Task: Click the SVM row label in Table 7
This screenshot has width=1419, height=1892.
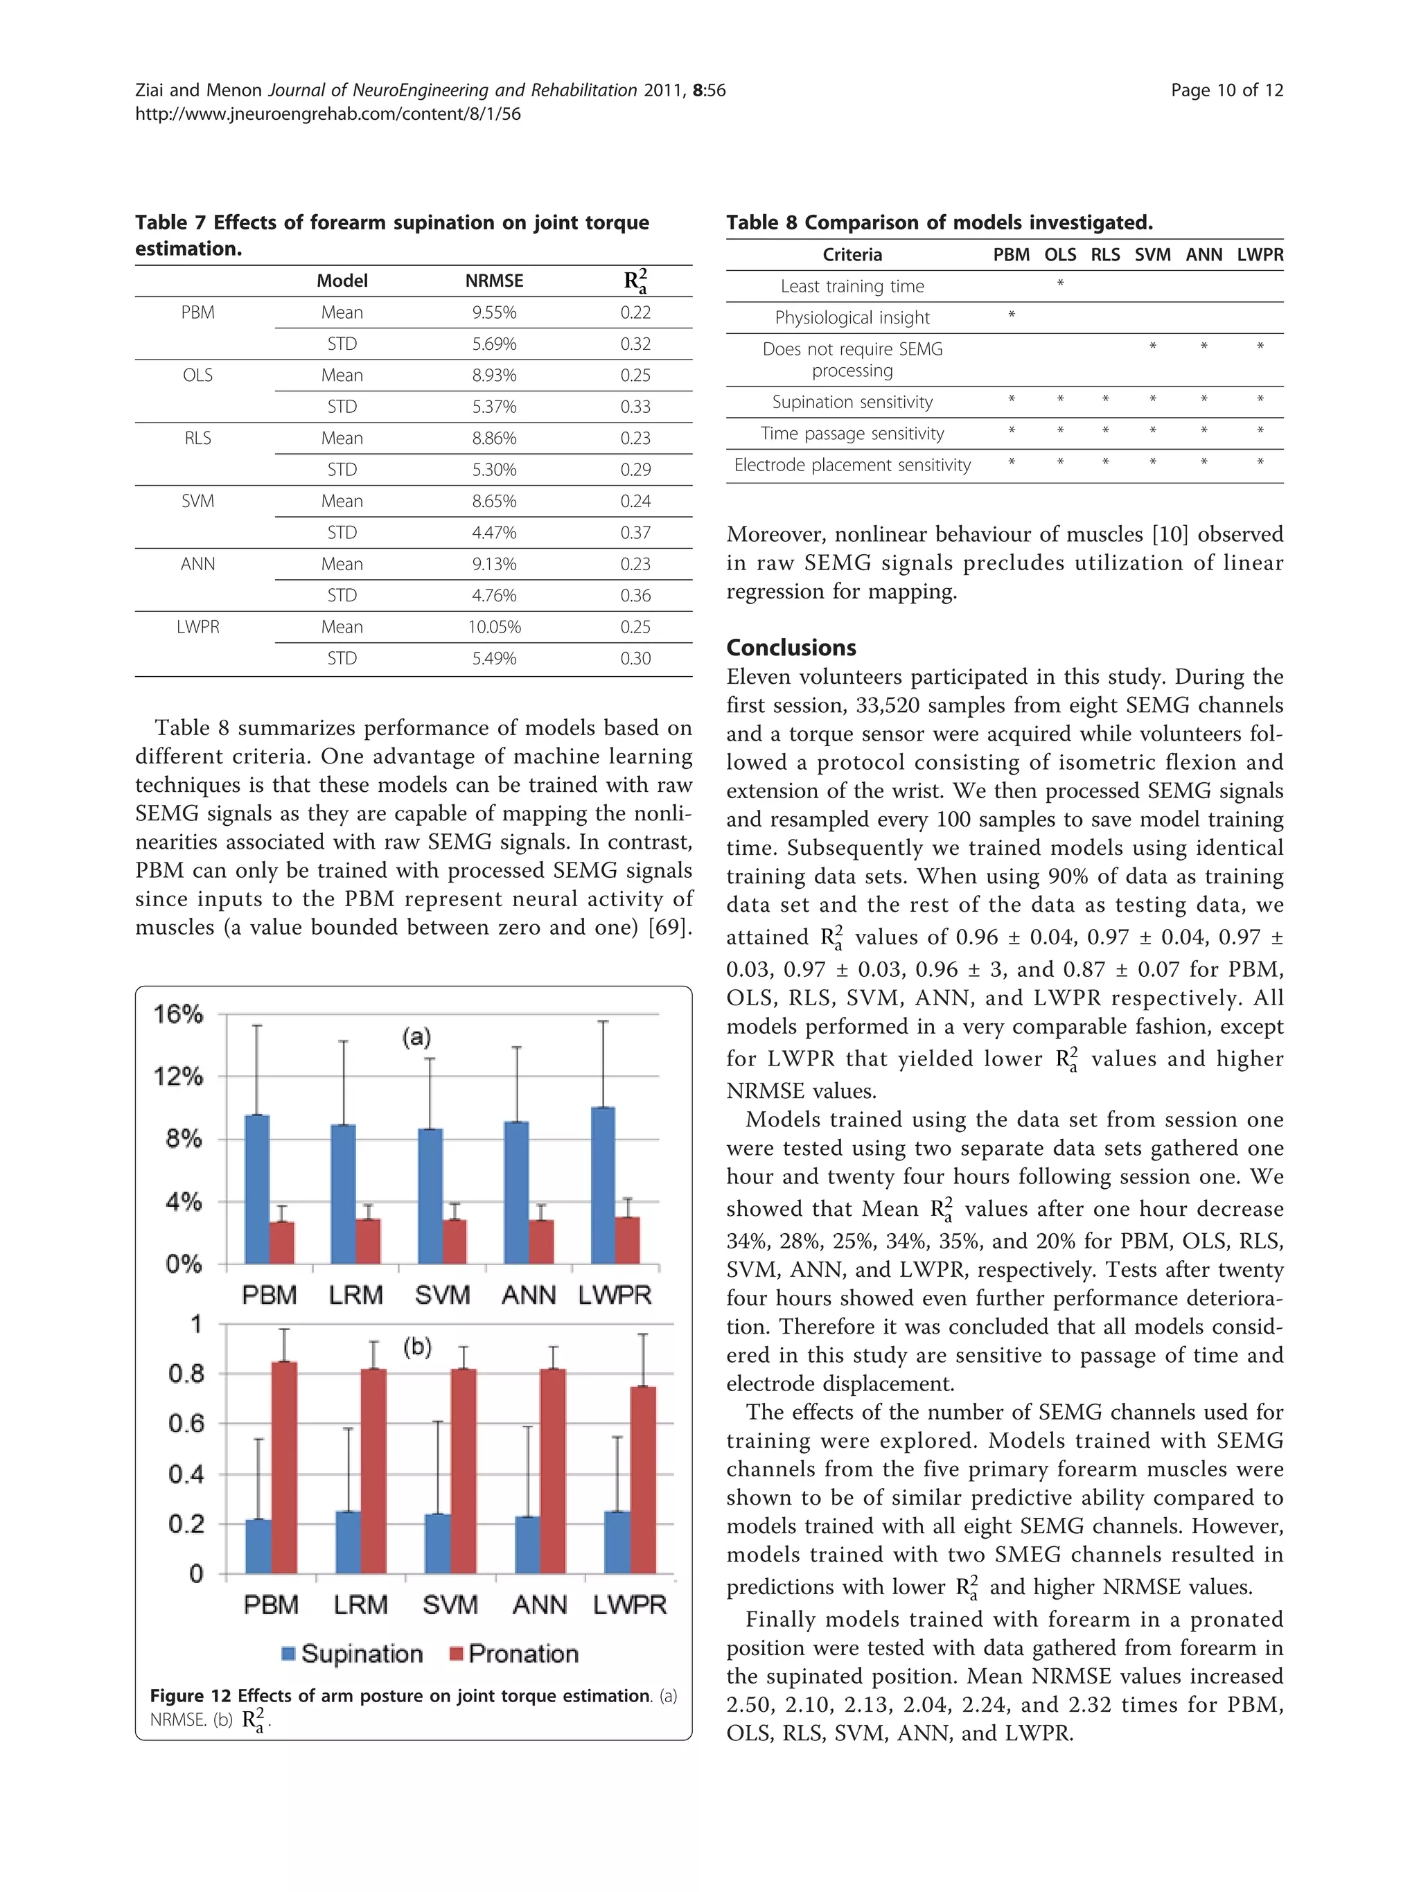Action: (x=197, y=501)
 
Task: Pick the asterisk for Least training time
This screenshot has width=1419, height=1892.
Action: (x=1060, y=283)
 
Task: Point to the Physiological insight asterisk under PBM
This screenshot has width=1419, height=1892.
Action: (x=1011, y=315)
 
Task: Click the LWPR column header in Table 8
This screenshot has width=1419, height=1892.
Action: (x=1259, y=255)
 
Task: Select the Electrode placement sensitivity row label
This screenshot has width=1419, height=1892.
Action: (x=852, y=466)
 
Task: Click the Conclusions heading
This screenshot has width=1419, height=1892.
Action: (x=791, y=648)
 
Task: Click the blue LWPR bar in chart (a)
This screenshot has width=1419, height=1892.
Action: (x=603, y=1185)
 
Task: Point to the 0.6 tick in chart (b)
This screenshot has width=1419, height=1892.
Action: (x=186, y=1423)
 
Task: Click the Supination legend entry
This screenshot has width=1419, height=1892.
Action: (x=353, y=1654)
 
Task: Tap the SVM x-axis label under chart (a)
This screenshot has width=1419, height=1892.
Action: (x=442, y=1295)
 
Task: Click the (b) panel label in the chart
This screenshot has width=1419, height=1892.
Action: (x=417, y=1347)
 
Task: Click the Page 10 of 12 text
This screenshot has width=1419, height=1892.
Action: (x=1226, y=91)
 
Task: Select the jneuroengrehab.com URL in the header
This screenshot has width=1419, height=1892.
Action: (x=328, y=114)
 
